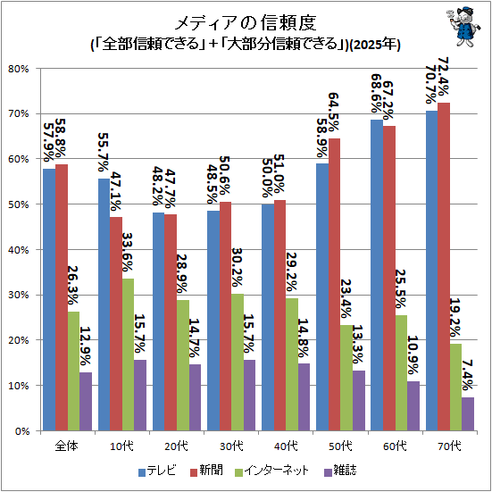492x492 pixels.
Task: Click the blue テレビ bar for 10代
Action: pos(104,304)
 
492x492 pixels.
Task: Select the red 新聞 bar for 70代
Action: pos(444,266)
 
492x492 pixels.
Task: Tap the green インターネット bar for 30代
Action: pos(238,363)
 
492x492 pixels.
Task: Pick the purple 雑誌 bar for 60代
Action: pos(413,405)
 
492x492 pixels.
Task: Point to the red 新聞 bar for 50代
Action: pos(334,284)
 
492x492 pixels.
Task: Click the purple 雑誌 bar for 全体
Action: pos(86,401)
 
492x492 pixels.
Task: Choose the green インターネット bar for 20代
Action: pos(183,365)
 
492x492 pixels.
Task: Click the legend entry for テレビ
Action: pos(157,471)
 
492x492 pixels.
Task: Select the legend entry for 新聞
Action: pos(206,471)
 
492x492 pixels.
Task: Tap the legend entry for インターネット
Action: pos(272,471)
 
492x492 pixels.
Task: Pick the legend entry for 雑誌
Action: pos(340,471)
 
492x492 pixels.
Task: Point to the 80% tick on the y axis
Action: pos(38,69)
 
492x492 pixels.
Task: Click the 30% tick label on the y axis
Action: pos(19,295)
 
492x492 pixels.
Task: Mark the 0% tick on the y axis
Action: pos(38,430)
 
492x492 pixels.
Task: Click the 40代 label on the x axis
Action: pos(286,446)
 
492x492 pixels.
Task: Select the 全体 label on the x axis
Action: pos(67,446)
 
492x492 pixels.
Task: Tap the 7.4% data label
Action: pos(468,375)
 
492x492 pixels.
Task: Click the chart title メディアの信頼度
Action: pos(246,23)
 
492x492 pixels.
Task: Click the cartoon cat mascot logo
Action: pos(463,28)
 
